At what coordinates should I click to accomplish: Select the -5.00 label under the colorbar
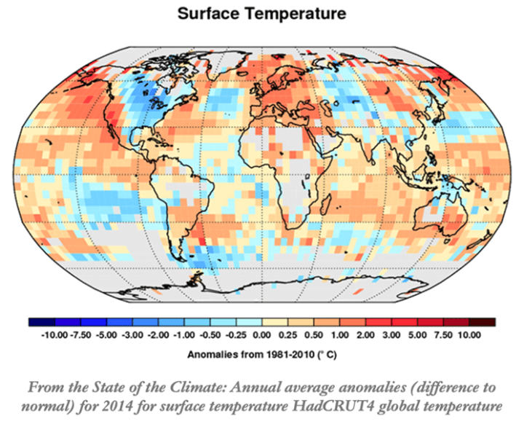coord(107,335)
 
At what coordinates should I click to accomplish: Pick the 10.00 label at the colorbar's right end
coord(469,335)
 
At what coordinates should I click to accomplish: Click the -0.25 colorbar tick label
coord(236,335)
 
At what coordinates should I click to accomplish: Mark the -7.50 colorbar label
coord(80,335)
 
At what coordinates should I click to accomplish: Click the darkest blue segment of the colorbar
coord(41,321)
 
